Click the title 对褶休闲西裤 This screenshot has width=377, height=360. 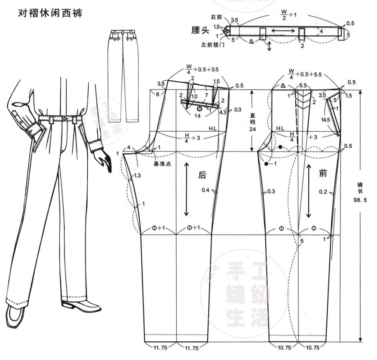click(50, 14)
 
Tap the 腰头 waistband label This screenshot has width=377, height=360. click(200, 30)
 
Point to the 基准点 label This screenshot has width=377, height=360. click(162, 164)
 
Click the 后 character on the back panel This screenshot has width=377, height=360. click(202, 175)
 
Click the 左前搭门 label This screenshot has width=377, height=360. click(213, 45)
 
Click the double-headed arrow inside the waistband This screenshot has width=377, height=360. click(282, 31)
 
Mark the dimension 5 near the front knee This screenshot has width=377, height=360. click(302, 241)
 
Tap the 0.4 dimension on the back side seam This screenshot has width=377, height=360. click(206, 190)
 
